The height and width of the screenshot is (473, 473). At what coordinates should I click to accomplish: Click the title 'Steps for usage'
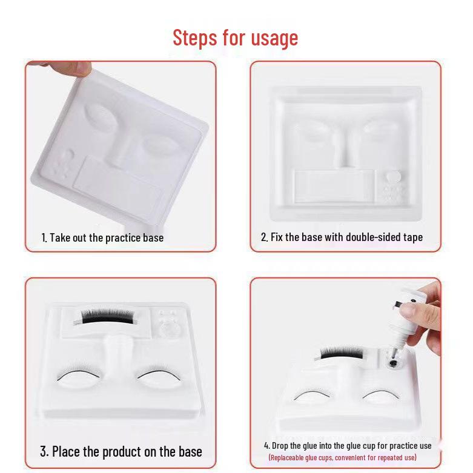point(236,38)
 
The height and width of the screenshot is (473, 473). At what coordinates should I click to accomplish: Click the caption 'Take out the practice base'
point(102,237)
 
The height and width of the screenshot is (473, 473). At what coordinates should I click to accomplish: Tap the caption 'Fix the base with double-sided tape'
point(342,237)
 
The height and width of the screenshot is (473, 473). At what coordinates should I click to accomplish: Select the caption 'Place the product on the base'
point(121,451)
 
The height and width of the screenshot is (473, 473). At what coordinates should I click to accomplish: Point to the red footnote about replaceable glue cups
point(342,457)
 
